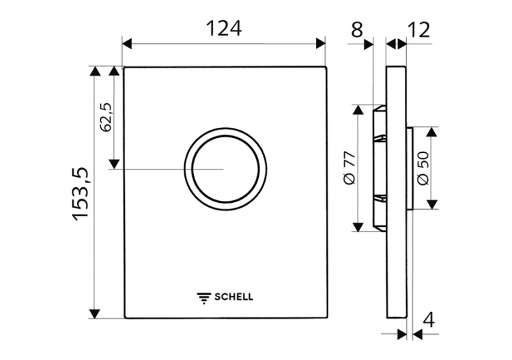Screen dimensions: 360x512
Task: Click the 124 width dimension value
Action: pos(225,28)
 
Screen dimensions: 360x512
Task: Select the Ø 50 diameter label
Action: pos(422,167)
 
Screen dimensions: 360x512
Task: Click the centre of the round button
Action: pos(225,168)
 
